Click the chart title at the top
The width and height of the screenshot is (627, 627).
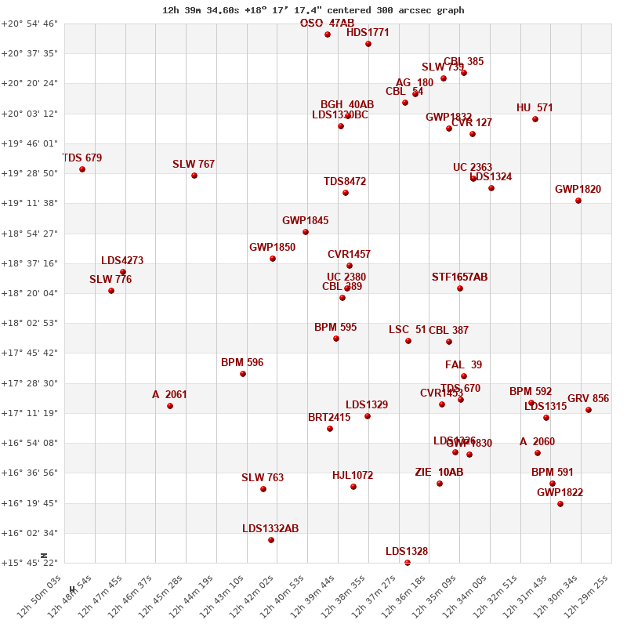313,10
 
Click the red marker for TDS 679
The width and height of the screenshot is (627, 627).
82,169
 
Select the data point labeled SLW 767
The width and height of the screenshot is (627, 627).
194,176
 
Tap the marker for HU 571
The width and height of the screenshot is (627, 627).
535,119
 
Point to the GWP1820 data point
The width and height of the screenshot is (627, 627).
578,201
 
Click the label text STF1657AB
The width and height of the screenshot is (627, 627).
459,277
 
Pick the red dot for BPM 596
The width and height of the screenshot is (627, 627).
243,374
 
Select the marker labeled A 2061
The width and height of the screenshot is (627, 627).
170,406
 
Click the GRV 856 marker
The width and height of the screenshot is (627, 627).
589,410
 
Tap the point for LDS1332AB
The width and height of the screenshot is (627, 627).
271,540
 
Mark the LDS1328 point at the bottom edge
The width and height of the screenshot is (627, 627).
408,562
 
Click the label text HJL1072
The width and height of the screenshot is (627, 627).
353,476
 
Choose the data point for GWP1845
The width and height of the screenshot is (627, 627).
306,232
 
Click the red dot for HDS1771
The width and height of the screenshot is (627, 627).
368,44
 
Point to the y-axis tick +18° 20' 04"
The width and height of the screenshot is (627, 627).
30,293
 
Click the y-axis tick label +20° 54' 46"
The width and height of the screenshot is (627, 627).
30,24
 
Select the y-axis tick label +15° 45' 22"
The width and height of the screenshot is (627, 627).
30,563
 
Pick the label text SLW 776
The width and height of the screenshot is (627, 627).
111,280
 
